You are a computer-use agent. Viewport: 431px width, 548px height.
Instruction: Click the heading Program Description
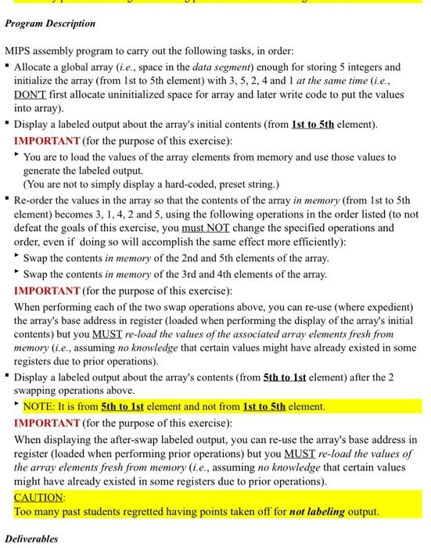click(50, 23)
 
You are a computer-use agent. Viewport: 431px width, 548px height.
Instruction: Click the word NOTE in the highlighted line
click(39, 406)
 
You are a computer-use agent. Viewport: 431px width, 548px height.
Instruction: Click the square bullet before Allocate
click(9, 67)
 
